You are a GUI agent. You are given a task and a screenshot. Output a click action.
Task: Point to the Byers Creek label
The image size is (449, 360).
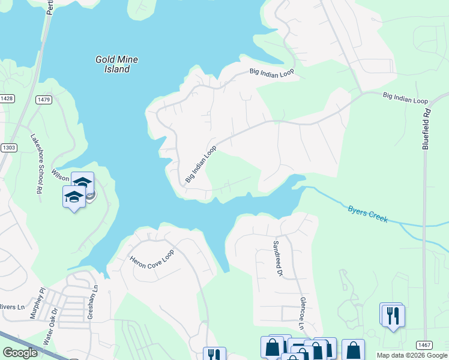(x=368, y=214)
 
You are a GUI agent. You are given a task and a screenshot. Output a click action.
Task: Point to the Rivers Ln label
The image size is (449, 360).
(x=12, y=307)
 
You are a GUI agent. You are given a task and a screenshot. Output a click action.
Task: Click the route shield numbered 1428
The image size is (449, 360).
(x=7, y=98)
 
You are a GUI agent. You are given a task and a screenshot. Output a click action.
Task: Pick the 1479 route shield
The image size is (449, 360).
(x=43, y=99)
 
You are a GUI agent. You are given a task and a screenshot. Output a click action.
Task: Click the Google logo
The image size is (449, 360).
(x=20, y=352)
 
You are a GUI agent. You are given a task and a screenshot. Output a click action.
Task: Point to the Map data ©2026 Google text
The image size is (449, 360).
(x=412, y=355)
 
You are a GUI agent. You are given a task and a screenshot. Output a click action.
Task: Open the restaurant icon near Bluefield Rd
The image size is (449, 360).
(x=393, y=314)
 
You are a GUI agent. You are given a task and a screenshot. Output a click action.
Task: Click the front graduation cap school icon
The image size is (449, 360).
(x=74, y=196)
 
